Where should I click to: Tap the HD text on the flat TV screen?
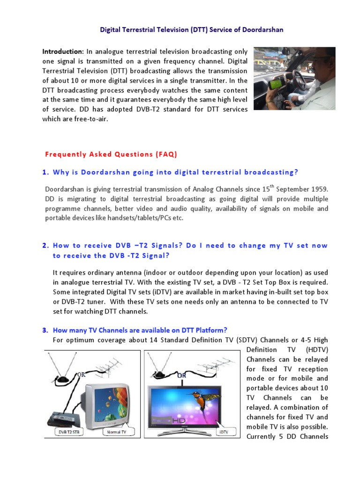(180, 420)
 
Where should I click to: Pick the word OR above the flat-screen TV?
(181, 375)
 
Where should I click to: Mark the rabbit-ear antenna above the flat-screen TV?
(159, 370)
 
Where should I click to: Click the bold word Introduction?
(62, 51)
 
